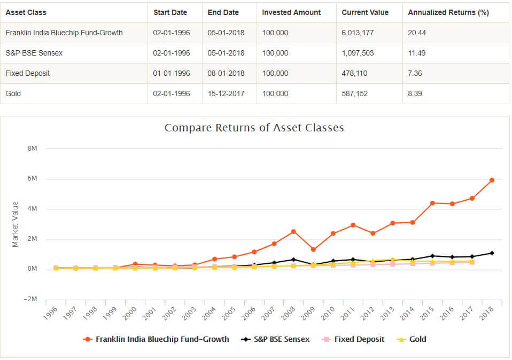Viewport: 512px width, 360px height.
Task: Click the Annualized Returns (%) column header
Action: [448, 12]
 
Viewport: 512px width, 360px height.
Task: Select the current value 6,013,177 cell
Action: [358, 33]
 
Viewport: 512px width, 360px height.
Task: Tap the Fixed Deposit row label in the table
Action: [28, 73]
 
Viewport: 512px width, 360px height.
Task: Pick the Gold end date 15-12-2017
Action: [226, 93]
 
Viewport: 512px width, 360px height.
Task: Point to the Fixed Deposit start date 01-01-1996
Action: [172, 73]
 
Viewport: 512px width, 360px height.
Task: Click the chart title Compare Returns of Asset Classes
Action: [254, 128]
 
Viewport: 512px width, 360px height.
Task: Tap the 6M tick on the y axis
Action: [32, 178]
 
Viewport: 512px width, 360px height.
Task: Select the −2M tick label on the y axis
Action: [30, 299]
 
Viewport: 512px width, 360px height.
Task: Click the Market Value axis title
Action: [15, 224]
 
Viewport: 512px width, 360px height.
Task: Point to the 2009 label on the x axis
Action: [307, 314]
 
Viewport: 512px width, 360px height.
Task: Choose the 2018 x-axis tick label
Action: [486, 314]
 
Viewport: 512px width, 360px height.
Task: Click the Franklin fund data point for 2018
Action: [492, 180]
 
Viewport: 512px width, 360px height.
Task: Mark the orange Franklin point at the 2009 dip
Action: [313, 249]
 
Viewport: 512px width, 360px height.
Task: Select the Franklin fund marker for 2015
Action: [432, 203]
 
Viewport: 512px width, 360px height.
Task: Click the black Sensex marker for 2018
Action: [492, 253]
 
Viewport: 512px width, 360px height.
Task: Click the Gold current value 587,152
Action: [354, 93]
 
